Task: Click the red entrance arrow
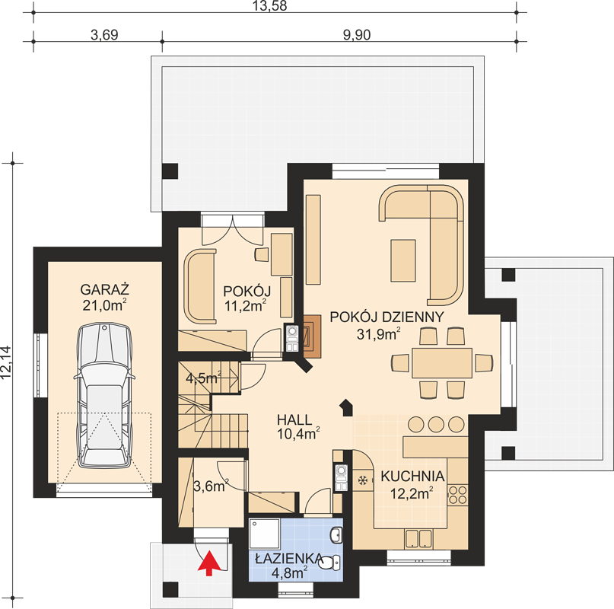coord(208,563)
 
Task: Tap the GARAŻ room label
coord(104,290)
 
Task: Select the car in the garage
coord(104,396)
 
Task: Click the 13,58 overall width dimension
coord(269,6)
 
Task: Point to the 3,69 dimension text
coord(104,35)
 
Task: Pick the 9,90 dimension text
coord(357,35)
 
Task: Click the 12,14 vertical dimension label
coord(6,362)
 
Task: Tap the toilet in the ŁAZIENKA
coord(330,563)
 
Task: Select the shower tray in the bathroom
coord(265,534)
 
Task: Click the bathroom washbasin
coord(336,535)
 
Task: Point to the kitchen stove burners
coord(457,495)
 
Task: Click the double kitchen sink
coord(418,538)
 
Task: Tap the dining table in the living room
coord(442,362)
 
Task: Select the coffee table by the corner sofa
coord(403,260)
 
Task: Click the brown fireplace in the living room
coord(312,336)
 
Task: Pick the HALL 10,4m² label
coord(298,427)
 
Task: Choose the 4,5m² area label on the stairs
coord(203,378)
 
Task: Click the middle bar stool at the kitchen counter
coord(436,424)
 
